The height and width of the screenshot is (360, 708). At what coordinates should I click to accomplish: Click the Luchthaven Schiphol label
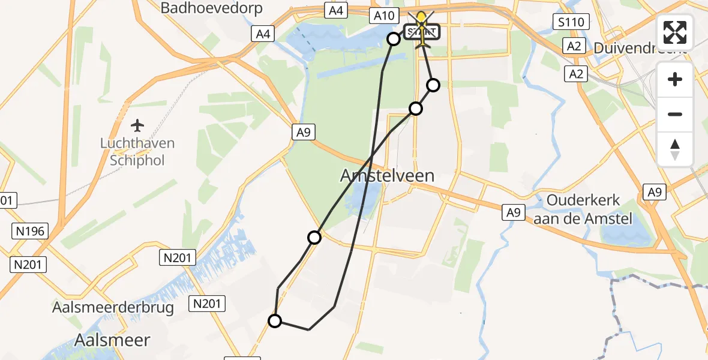click(137, 152)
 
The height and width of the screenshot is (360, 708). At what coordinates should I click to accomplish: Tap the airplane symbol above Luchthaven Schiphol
click(137, 125)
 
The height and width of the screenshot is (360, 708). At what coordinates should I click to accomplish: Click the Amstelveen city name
click(387, 175)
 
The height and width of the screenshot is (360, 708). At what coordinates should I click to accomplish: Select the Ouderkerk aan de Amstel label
click(583, 209)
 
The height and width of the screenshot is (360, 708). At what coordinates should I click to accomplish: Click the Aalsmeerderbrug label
click(113, 308)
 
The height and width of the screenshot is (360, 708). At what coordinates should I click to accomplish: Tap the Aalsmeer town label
click(112, 340)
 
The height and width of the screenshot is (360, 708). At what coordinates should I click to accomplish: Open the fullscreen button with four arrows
click(675, 32)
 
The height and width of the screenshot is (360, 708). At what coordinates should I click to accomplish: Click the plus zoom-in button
click(675, 79)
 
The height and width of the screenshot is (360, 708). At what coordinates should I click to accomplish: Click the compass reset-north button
click(675, 149)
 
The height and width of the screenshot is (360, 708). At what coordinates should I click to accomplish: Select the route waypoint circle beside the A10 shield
click(394, 39)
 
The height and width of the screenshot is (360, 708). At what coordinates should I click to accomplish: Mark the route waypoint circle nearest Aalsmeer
click(275, 321)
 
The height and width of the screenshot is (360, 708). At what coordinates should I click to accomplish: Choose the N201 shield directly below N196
click(29, 264)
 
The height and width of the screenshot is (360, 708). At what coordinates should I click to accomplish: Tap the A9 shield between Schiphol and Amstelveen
click(303, 133)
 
